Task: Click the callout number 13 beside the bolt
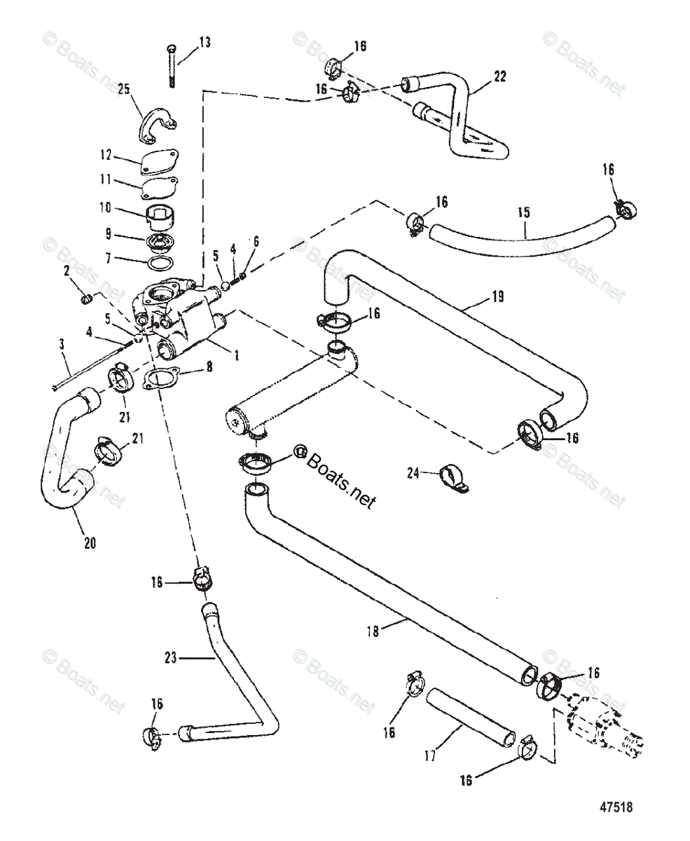(205, 43)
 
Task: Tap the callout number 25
(124, 89)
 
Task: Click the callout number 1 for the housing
(236, 355)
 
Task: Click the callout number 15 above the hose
(523, 211)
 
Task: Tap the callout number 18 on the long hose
(372, 631)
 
